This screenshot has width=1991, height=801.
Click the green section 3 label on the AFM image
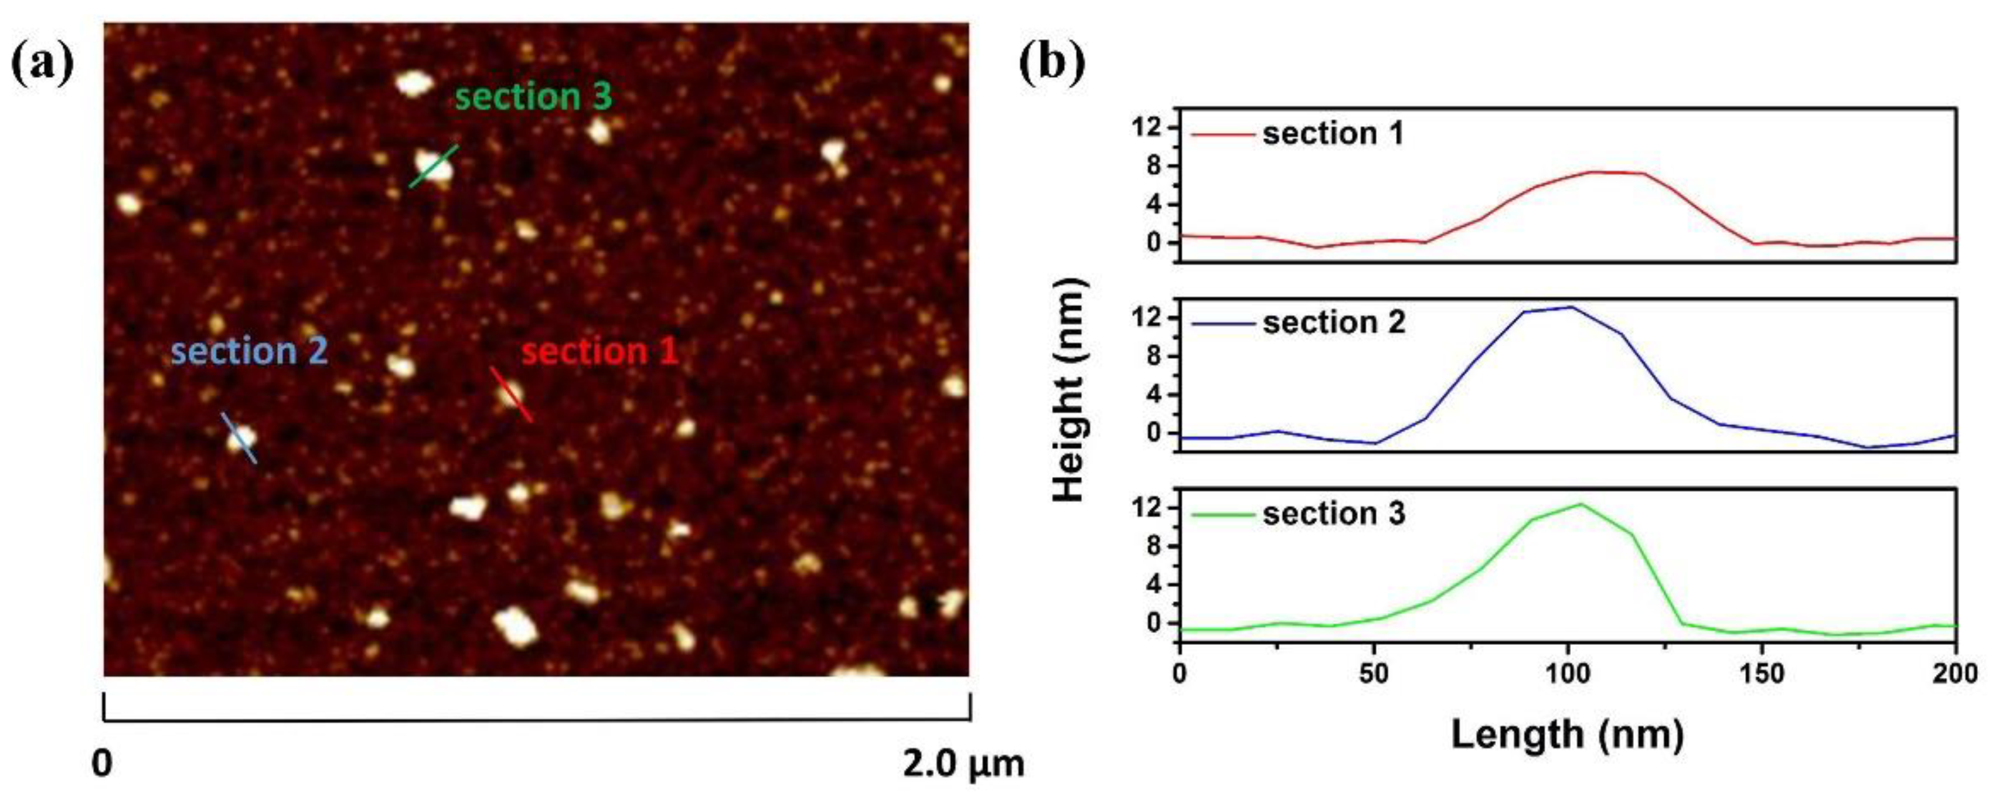(533, 98)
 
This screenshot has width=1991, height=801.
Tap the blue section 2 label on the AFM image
(249, 351)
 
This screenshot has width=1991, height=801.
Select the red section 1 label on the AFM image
(600, 351)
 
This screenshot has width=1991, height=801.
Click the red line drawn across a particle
(511, 395)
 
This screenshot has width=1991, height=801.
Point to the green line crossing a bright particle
(433, 166)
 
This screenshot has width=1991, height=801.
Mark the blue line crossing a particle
(240, 438)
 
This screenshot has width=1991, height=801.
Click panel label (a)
(42, 64)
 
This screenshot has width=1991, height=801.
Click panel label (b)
(1052, 64)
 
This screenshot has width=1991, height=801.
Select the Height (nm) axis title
(1071, 390)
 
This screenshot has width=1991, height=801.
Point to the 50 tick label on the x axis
(1374, 675)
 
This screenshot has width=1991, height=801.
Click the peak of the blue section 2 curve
(1570, 308)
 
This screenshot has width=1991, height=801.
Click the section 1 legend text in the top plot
(1333, 134)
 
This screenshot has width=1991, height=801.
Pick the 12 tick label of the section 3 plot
(1149, 508)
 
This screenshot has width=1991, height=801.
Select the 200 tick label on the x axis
(1954, 675)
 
